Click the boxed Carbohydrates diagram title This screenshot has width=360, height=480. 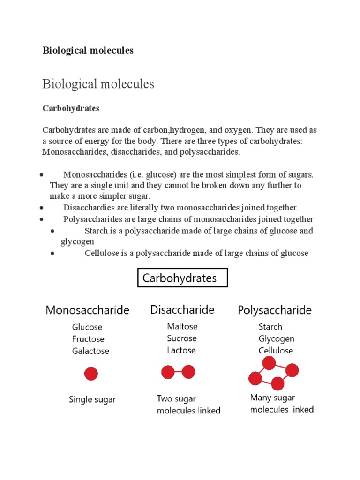point(182,278)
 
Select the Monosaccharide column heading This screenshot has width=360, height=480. point(87,310)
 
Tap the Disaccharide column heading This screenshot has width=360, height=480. point(182,309)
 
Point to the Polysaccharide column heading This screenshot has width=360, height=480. point(274,310)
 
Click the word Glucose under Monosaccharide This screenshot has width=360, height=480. point(87,327)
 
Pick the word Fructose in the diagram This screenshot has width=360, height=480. point(88,339)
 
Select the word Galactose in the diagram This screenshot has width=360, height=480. point(90,351)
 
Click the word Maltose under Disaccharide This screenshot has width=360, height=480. point(182,326)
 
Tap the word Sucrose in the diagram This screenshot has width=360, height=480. point(181,338)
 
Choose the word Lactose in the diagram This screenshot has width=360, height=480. point(181,350)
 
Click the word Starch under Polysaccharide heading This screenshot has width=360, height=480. point(270,327)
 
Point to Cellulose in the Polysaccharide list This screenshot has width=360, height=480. point(276,350)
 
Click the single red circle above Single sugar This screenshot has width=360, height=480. point(90,374)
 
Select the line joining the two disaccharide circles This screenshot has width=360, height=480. point(178,373)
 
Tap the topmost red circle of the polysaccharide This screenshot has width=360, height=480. point(269,363)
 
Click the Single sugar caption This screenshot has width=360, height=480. point(92,399)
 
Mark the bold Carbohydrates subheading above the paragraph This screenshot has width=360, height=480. point(71,108)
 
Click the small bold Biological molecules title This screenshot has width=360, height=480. point(88,51)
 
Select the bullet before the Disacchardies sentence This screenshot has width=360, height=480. point(42,208)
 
